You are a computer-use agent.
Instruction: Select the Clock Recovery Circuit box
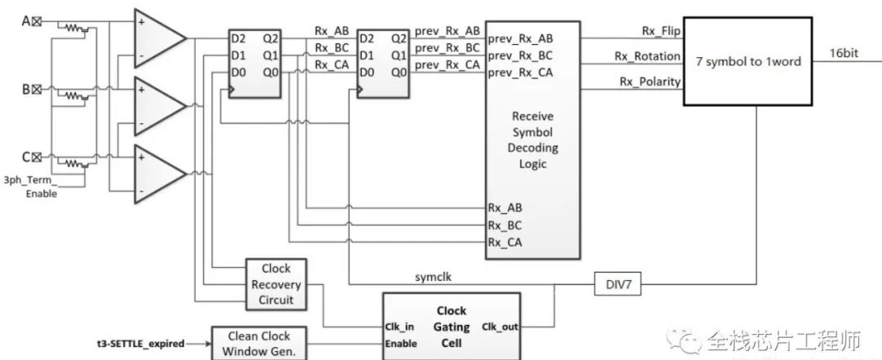[x=269, y=285]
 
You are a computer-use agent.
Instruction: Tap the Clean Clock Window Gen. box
[x=252, y=343]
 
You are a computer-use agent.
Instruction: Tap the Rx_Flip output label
[x=660, y=31]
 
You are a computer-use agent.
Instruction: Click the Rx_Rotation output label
[x=648, y=56]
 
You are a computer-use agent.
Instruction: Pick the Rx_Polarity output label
[x=649, y=81]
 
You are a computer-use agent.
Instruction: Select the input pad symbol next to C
[x=36, y=157]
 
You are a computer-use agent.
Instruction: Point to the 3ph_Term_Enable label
[x=30, y=186]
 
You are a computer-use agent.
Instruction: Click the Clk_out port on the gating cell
[x=499, y=327]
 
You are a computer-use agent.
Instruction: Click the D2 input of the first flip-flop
[x=238, y=38]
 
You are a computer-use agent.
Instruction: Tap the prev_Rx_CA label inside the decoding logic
[x=519, y=73]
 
